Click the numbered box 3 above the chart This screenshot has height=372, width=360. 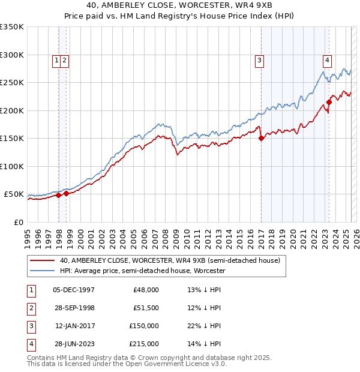pyautogui.click(x=259, y=59)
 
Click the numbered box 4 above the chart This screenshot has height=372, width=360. pyautogui.click(x=328, y=59)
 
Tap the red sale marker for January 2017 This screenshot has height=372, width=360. pyautogui.click(x=262, y=138)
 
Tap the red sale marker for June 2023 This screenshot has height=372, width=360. pyautogui.click(x=329, y=102)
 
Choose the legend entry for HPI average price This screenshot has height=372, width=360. pyautogui.click(x=142, y=271)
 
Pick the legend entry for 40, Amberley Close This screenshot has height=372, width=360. pyautogui.click(x=170, y=260)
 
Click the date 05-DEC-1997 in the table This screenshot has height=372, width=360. pyautogui.click(x=74, y=290)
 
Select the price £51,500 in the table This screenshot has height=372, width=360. pyautogui.click(x=145, y=308)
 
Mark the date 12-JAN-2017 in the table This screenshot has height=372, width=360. pyautogui.click(x=75, y=326)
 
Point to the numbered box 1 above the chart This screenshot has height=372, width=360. pyautogui.click(x=56, y=59)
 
